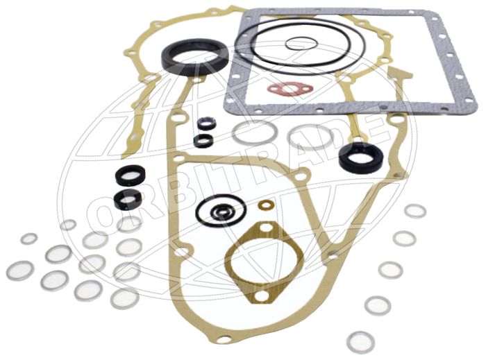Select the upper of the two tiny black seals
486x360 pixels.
click(x=205, y=123)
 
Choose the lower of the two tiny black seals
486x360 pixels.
click(x=203, y=141)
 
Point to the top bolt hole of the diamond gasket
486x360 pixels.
click(x=264, y=228)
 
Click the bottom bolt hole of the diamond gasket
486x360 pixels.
click(x=262, y=295)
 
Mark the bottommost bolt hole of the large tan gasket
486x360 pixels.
click(x=224, y=340)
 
